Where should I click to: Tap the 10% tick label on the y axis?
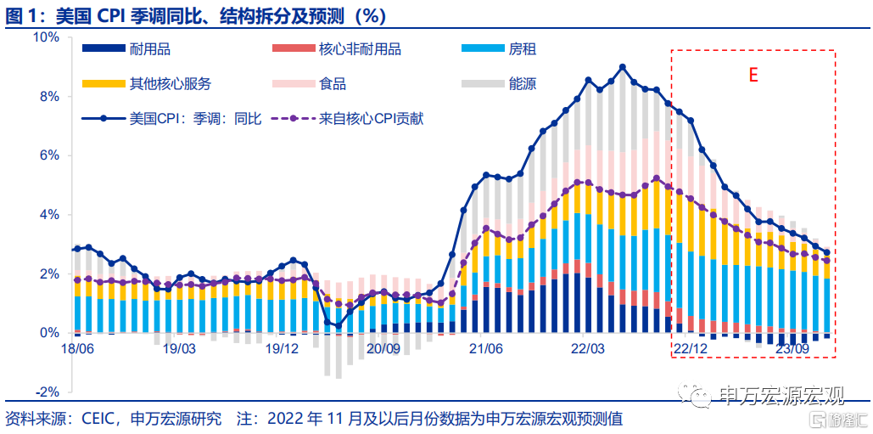(x=47, y=37)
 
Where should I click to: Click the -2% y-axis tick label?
(x=48, y=392)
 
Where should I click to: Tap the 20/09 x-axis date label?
(x=383, y=349)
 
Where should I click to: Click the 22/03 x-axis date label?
(x=587, y=349)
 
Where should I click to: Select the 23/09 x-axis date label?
(x=792, y=349)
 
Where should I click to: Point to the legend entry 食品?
(x=333, y=84)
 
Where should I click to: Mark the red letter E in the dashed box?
(x=753, y=75)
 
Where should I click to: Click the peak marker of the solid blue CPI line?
(x=623, y=66)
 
